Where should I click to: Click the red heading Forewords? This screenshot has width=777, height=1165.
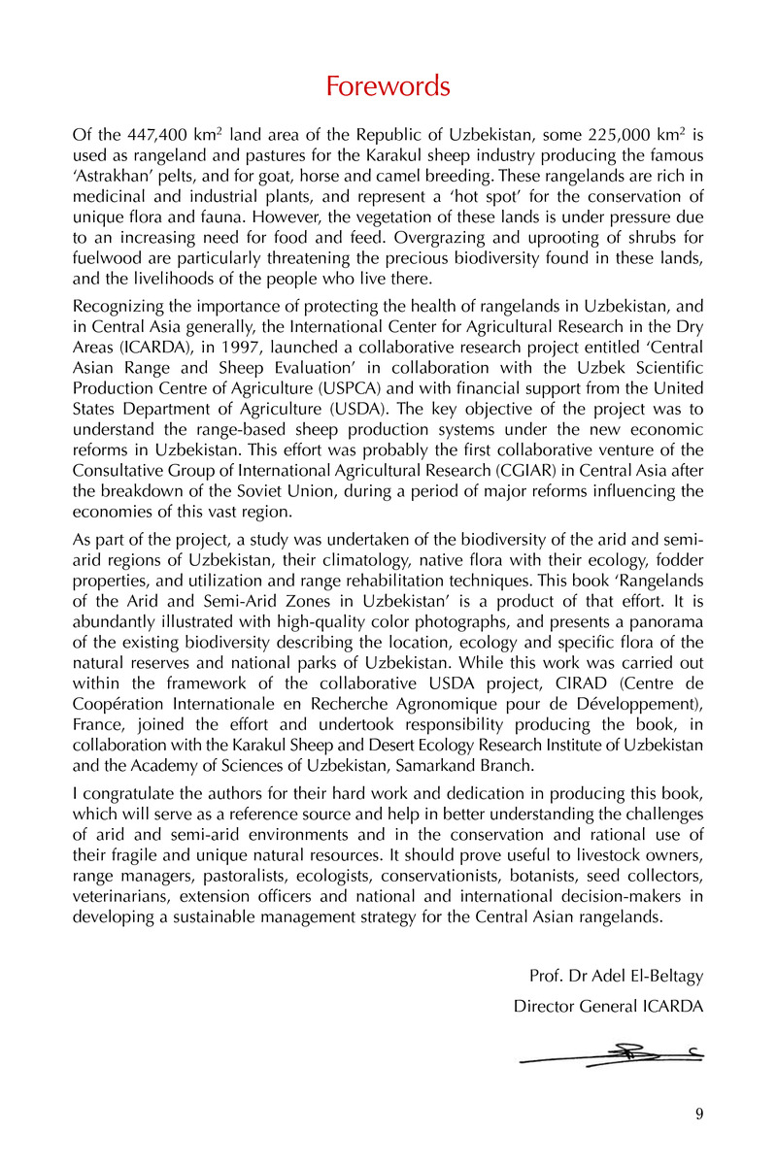[388, 86]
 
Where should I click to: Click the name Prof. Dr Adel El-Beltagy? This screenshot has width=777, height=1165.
[616, 975]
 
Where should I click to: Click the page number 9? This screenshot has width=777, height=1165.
[699, 1115]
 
